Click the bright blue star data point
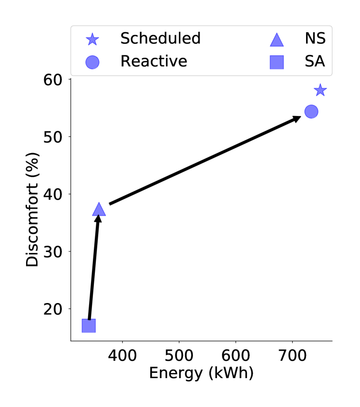click(x=320, y=90)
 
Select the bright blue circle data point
click(x=311, y=112)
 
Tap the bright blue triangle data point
click(x=99, y=210)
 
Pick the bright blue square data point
click(x=89, y=326)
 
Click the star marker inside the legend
click(x=92, y=39)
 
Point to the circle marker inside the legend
click(x=92, y=62)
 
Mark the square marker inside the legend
click(x=277, y=62)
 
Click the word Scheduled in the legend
click(x=160, y=38)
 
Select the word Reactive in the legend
click(x=154, y=61)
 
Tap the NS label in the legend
click(x=315, y=38)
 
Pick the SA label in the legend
click(x=315, y=61)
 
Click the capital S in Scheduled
click(x=125, y=38)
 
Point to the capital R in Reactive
click(x=125, y=61)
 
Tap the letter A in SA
click(x=320, y=61)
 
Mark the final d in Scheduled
click(x=195, y=38)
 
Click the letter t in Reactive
click(x=161, y=61)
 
